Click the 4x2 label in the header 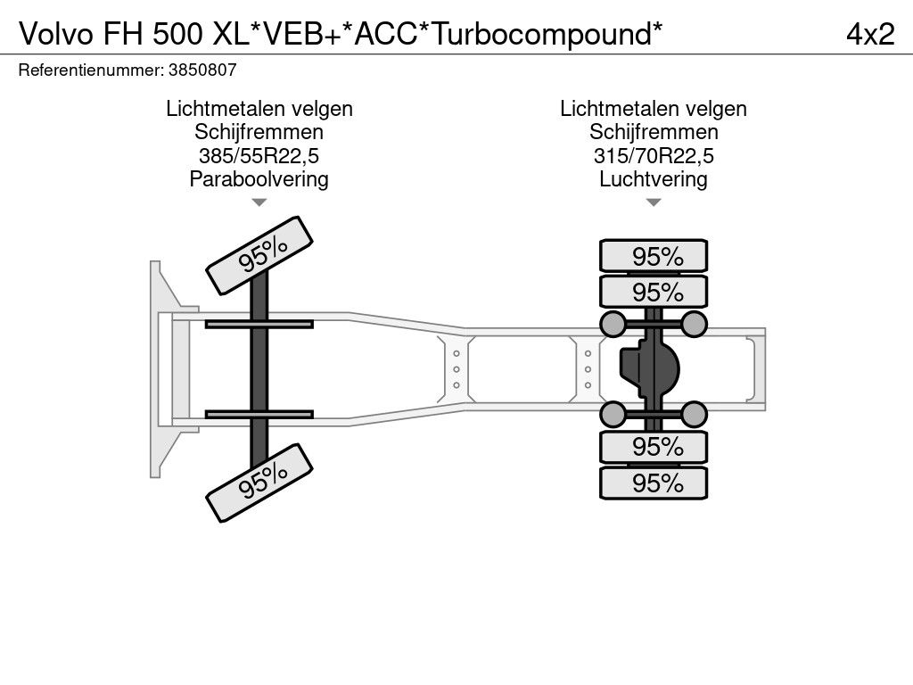870,34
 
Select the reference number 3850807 202,70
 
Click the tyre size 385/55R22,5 259,156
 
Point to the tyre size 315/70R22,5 654,156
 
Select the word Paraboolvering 259,179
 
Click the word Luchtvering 654,179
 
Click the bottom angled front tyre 259,483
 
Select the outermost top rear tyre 654,256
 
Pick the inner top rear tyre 654,292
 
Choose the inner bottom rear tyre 654,447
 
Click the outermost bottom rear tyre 654,483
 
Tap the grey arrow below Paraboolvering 259,202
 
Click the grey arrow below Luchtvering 654,202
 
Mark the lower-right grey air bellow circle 694,414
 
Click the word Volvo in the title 56,35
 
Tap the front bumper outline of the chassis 155,369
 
